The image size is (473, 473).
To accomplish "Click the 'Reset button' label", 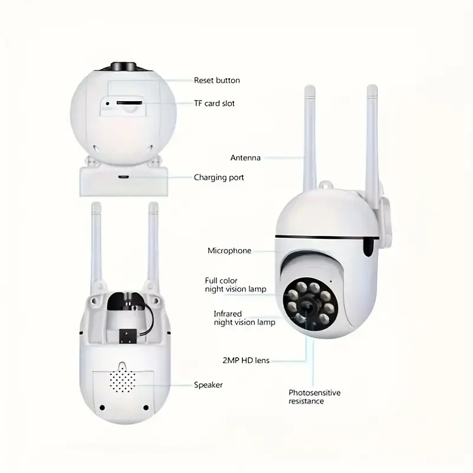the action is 217,80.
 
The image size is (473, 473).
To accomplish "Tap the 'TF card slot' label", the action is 214,103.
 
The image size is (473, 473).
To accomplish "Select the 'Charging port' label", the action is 219,177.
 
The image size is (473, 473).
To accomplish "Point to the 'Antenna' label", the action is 245,158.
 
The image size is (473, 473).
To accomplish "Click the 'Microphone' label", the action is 229,251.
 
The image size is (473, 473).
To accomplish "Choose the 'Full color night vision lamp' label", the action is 235,285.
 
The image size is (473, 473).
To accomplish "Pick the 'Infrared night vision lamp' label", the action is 244,318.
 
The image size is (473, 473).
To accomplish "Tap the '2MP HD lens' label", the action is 246,360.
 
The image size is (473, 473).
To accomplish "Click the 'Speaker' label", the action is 208,385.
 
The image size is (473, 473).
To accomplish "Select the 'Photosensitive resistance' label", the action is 315,397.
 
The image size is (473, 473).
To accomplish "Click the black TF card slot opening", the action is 129,103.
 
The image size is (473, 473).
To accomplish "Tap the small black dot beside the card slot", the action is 108,103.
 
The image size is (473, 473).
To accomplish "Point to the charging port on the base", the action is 124,177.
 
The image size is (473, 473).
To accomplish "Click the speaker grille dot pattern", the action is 122,381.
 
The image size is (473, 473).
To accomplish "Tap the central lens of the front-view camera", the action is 309,306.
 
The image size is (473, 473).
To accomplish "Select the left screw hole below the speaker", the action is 102,408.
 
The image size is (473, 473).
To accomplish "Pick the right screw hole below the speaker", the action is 146,408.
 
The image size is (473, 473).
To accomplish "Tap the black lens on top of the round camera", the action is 123,66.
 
